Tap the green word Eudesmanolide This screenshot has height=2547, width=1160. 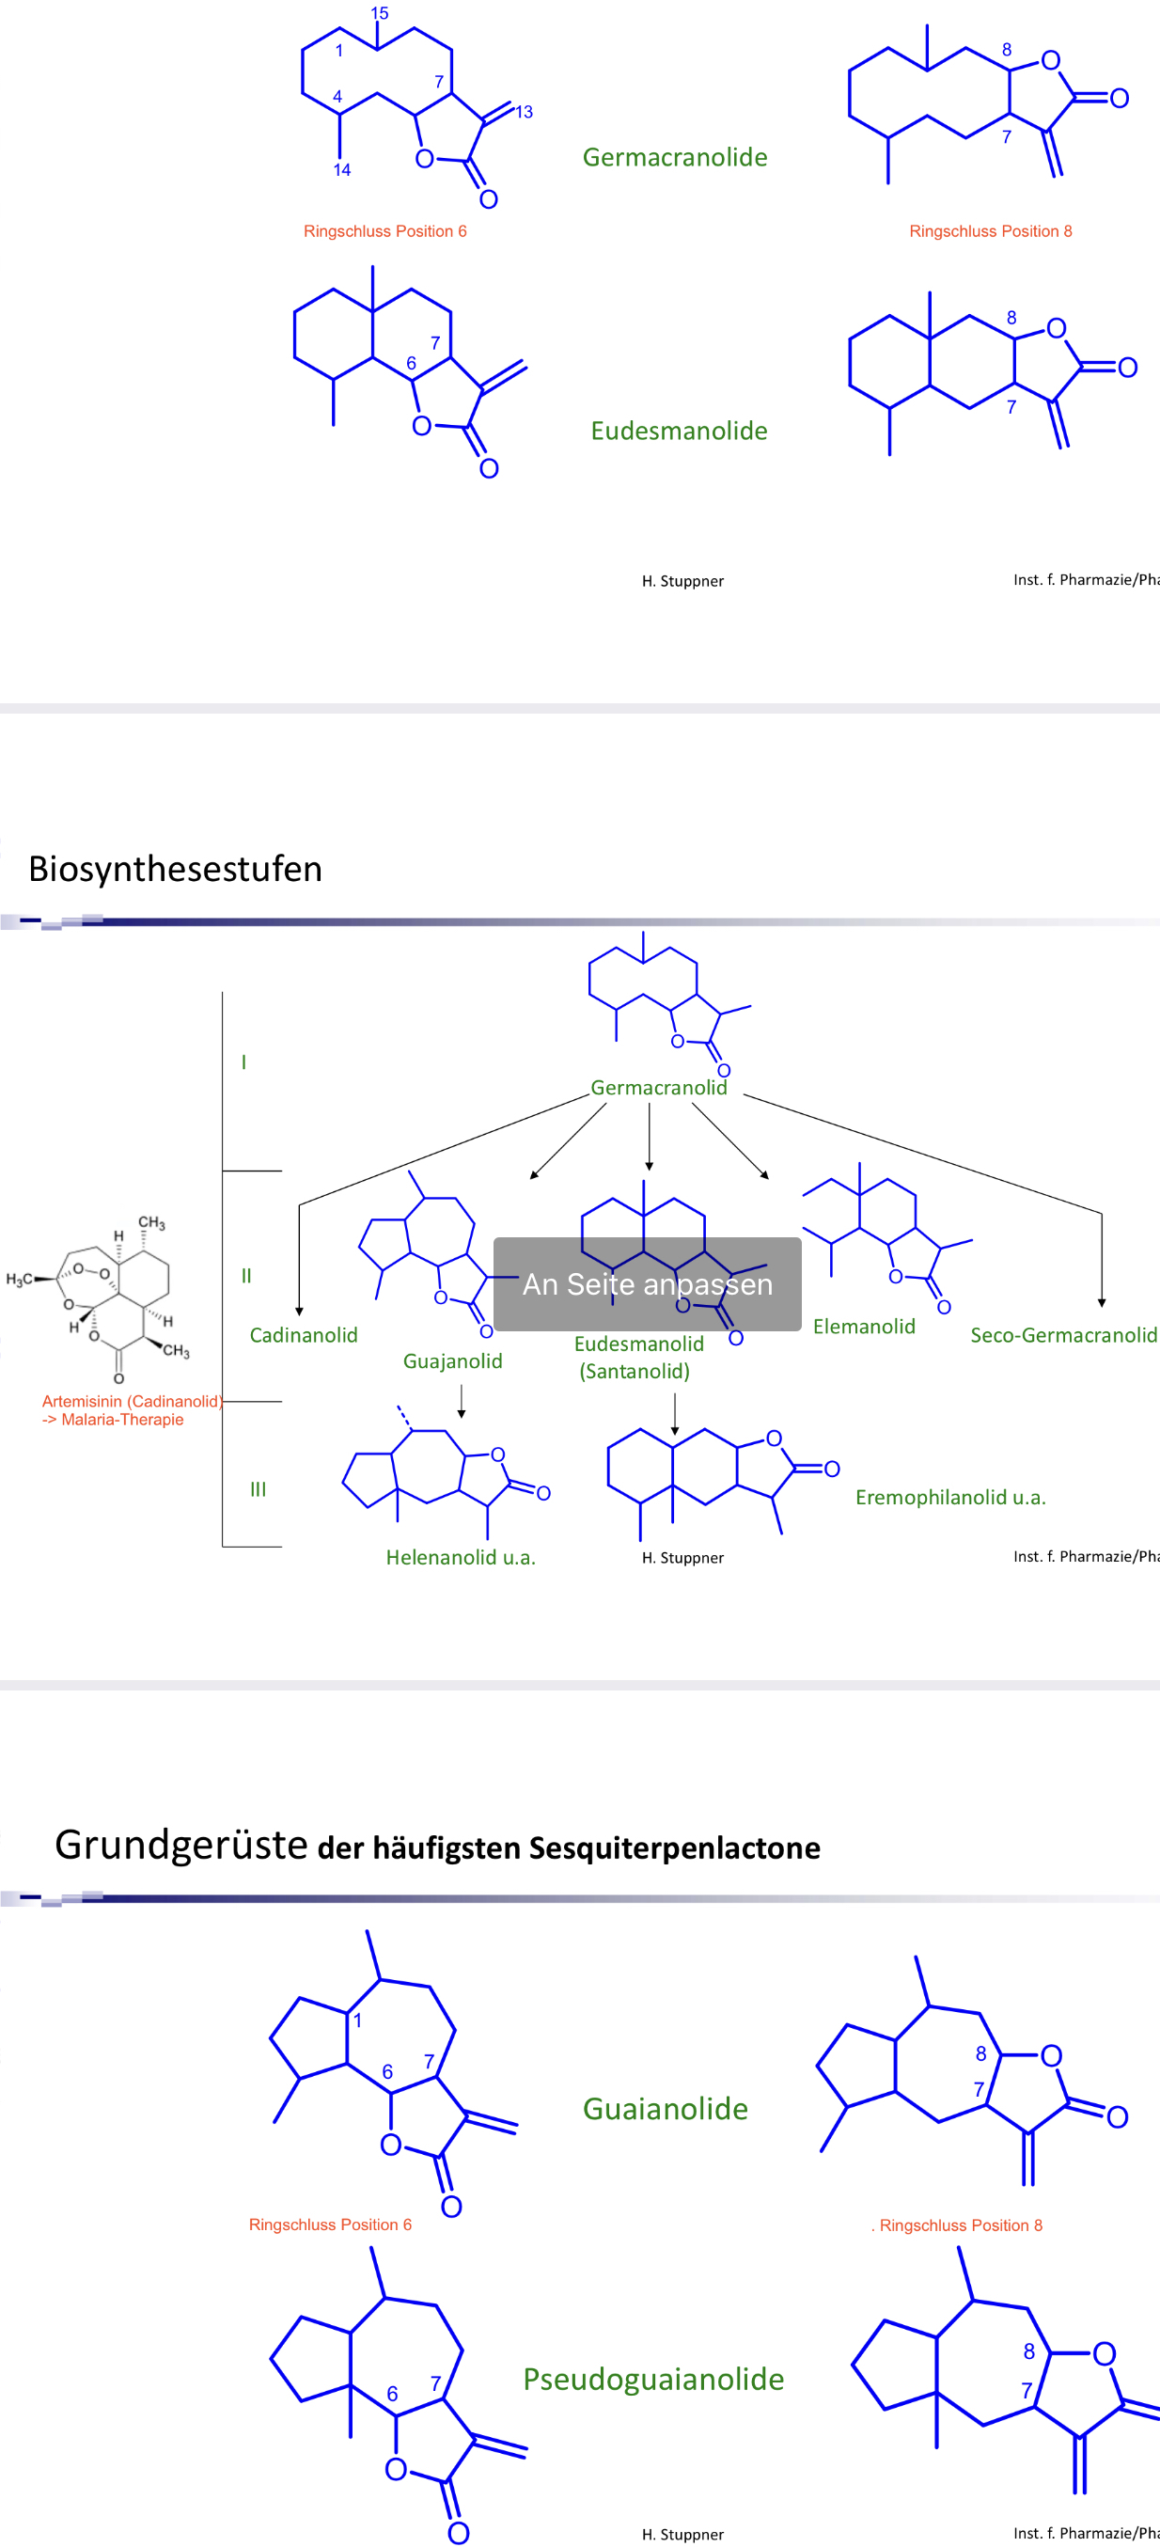pyautogui.click(x=679, y=432)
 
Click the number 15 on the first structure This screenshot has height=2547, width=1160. pyautogui.click(x=380, y=14)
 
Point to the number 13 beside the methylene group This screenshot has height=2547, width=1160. pyautogui.click(x=525, y=113)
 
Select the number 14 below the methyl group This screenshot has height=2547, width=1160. pyautogui.click(x=342, y=170)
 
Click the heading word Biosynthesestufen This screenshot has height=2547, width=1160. pyautogui.click(x=175, y=869)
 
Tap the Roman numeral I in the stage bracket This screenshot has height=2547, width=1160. pyautogui.click(x=244, y=1061)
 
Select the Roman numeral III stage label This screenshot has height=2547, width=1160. pyautogui.click(x=259, y=1489)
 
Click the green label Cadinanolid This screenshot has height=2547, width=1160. pyautogui.click(x=304, y=1335)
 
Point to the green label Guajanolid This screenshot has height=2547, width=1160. pyautogui.click(x=453, y=1361)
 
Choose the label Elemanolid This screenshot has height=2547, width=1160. pyautogui.click(x=864, y=1327)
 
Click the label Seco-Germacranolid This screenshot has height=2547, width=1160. pyautogui.click(x=1063, y=1335)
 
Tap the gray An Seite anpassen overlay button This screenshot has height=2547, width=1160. pyautogui.click(x=647, y=1283)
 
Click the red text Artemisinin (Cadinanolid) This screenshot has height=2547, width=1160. pyautogui.click(x=132, y=1401)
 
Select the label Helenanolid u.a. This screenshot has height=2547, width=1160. pyautogui.click(x=461, y=1557)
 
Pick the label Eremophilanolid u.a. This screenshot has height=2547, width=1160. pyautogui.click(x=950, y=1497)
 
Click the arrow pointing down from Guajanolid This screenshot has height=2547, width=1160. pyautogui.click(x=462, y=1401)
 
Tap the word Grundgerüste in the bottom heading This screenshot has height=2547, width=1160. pyautogui.click(x=181, y=1845)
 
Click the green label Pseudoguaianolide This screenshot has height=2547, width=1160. pyautogui.click(x=653, y=2379)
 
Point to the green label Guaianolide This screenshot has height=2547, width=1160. pyautogui.click(x=666, y=2108)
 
